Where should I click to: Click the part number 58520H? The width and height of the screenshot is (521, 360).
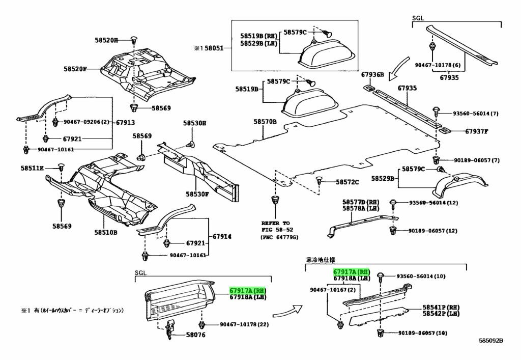point(106,40)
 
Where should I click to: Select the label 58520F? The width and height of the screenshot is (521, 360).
point(75,69)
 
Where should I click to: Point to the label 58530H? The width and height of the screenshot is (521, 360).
point(195,123)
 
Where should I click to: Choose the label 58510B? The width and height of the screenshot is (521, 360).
point(105,233)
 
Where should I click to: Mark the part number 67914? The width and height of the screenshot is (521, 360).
point(222,236)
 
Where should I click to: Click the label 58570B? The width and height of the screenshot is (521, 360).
point(265,122)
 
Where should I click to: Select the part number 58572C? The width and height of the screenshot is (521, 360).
point(346,182)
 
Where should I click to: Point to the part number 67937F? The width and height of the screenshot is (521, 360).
point(476,131)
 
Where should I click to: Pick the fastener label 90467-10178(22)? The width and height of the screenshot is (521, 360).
point(244,324)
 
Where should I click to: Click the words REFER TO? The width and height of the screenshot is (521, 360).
point(275,223)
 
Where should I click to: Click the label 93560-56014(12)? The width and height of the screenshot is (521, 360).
point(433,203)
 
